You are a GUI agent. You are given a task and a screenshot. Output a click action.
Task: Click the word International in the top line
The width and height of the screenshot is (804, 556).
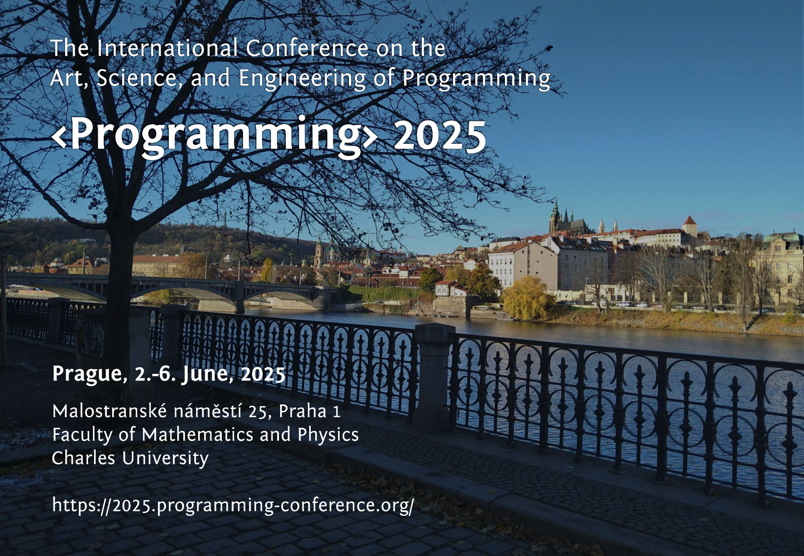tap(168, 48)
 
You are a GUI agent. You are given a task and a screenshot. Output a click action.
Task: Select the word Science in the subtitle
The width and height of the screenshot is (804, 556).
tap(137, 78)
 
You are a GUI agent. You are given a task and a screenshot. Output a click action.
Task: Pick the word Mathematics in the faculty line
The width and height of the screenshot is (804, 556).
tap(197, 434)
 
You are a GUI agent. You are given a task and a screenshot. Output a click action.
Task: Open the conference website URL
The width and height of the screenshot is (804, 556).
tap(233, 505)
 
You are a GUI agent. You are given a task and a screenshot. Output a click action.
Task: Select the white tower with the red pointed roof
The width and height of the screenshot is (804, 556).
tap(689, 227)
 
